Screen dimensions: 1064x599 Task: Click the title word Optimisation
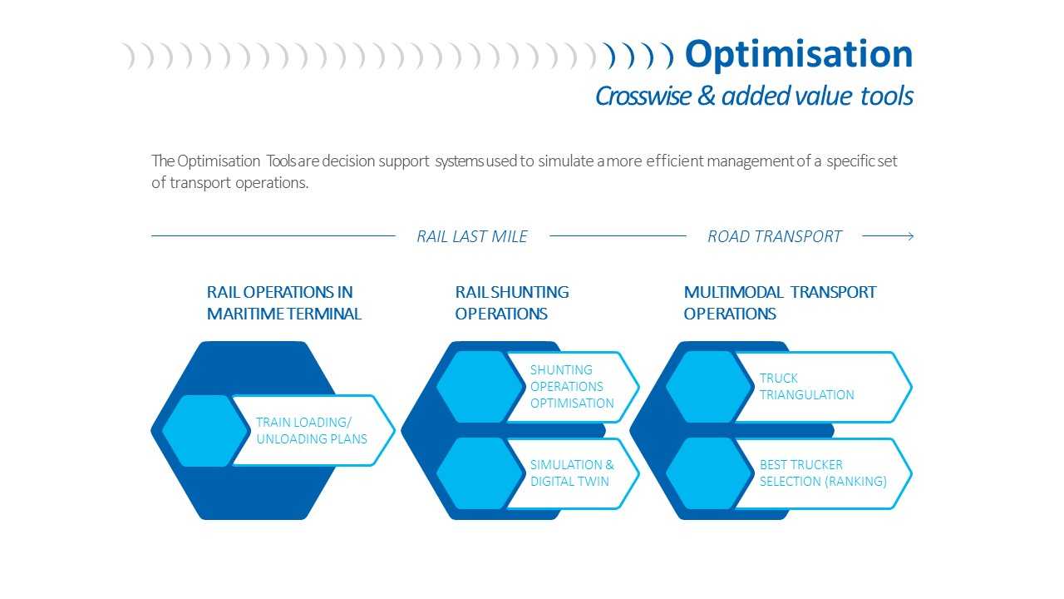click(x=799, y=55)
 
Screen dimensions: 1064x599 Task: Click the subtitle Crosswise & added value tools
click(x=754, y=96)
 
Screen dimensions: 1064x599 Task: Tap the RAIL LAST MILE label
click(x=471, y=236)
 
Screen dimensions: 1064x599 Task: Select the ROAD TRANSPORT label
click(x=774, y=236)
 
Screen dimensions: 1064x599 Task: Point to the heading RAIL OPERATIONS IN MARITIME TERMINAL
click(x=284, y=303)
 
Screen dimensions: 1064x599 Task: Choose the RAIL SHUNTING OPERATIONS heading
click(x=512, y=303)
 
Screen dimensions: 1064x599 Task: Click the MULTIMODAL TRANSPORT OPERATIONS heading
click(x=780, y=303)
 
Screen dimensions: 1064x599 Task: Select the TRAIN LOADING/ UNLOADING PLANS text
click(x=312, y=430)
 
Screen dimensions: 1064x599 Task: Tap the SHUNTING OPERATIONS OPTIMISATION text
click(x=572, y=387)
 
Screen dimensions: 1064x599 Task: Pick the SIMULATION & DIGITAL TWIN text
click(x=572, y=473)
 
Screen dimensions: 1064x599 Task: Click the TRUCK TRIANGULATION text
click(x=806, y=387)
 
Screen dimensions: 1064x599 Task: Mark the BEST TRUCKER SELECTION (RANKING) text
click(x=823, y=473)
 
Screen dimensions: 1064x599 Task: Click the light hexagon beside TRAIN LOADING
click(x=205, y=431)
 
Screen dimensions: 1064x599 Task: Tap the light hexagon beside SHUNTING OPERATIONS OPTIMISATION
click(x=480, y=387)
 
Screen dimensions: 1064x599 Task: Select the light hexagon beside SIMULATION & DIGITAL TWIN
click(x=480, y=473)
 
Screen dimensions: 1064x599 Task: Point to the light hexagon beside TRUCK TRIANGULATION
click(x=710, y=387)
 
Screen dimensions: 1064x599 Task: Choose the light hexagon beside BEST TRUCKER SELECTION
click(x=710, y=473)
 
